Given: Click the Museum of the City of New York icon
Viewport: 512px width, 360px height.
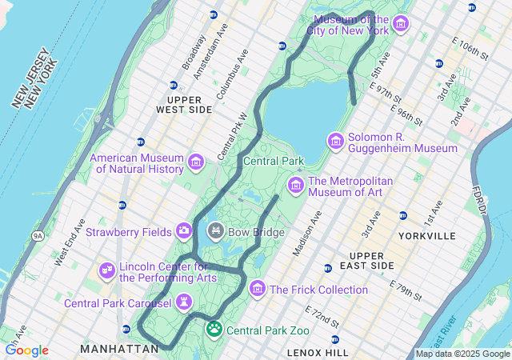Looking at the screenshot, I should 400,25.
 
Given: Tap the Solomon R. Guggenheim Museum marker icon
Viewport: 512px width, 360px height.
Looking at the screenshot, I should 336,142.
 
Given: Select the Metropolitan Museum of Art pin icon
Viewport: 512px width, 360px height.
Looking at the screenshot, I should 295,186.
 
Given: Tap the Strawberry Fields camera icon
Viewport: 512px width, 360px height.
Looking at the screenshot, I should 184,231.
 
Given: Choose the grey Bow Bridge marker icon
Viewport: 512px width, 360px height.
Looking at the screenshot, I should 215,232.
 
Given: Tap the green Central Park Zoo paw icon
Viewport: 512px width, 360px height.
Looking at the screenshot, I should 214,329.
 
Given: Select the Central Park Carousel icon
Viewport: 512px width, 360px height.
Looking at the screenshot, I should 185,302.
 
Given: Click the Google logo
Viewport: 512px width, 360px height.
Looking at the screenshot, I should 26,350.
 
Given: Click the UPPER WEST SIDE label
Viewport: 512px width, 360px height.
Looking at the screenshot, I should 184,103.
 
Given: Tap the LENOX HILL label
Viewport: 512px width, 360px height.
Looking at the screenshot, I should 318,352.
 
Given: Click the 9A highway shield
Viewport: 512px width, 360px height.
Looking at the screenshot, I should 38,236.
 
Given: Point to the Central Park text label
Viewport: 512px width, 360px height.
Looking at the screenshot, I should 274,161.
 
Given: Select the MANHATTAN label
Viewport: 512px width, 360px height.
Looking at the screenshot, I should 119,349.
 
